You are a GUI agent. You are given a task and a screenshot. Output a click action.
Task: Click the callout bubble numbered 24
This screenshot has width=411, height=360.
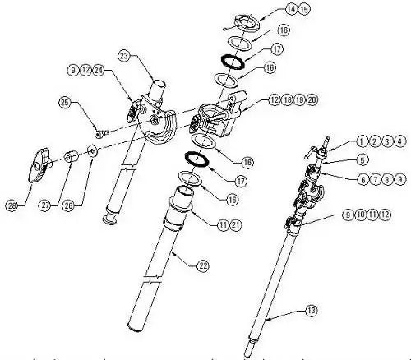99,71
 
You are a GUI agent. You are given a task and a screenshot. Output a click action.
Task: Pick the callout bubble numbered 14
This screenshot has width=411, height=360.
268,10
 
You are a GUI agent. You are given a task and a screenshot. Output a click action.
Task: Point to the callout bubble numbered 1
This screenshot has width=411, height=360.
362,141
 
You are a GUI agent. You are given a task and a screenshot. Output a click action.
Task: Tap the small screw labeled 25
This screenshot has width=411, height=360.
98,131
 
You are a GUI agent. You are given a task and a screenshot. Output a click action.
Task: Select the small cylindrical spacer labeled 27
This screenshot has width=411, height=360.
73,155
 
